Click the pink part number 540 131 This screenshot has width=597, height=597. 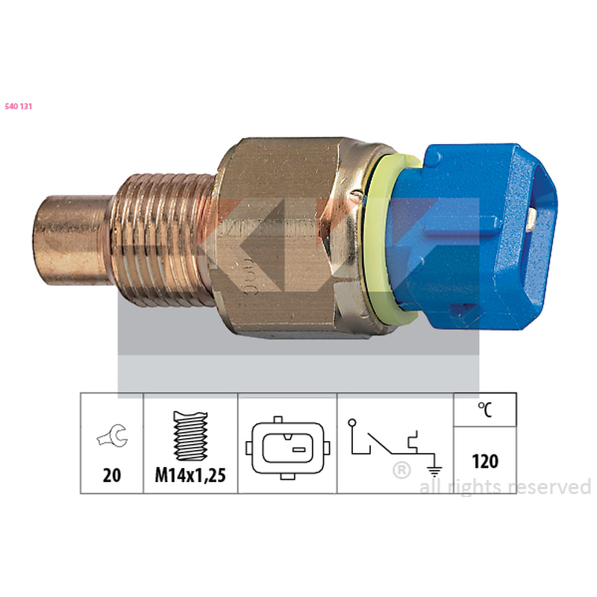(x=18, y=107)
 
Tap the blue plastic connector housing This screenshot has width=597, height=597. (x=476, y=236)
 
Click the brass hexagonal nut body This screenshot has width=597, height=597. (x=282, y=239)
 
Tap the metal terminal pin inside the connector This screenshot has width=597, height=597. (x=531, y=220)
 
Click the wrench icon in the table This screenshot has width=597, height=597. (x=112, y=435)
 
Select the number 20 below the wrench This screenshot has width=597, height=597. (x=111, y=475)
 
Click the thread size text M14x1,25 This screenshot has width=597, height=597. (x=190, y=475)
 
